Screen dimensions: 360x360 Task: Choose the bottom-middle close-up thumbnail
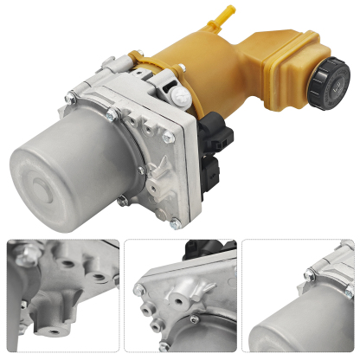coord(180,299)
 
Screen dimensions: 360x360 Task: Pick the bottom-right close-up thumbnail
coord(299,299)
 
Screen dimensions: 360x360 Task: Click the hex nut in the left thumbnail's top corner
coord(20,252)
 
